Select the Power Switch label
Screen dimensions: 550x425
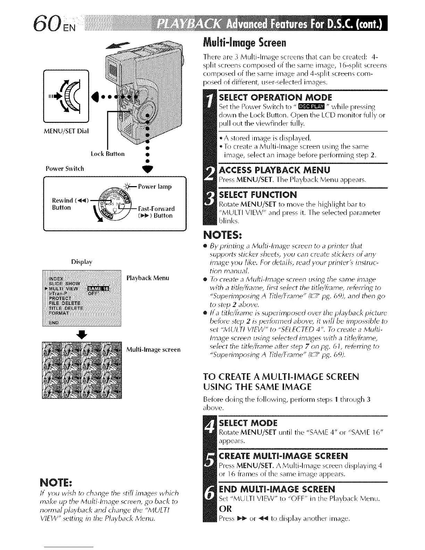click(65, 169)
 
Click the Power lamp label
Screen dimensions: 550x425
click(155, 187)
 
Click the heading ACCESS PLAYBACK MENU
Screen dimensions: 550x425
click(275, 170)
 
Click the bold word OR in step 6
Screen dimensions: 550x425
click(225, 509)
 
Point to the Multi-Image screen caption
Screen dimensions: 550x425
click(153, 349)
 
